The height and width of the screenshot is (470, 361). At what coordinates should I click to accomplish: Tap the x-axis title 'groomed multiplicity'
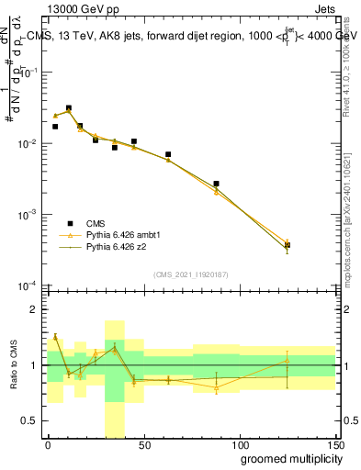pos(286,458)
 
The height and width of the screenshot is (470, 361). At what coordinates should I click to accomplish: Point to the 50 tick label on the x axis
pos(142,444)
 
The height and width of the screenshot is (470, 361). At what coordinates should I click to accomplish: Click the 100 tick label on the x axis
pos(239,444)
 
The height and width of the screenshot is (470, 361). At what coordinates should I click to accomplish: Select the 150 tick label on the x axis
pos(333,444)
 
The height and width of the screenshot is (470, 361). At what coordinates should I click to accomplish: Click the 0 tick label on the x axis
pos(48,444)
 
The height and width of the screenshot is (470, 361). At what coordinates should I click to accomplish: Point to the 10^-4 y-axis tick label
pos(27,285)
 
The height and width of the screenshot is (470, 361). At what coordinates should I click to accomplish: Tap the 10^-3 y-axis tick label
pos(27,215)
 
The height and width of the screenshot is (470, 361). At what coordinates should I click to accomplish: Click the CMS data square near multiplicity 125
pos(288,245)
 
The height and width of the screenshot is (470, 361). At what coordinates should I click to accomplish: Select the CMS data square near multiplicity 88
pos(216,184)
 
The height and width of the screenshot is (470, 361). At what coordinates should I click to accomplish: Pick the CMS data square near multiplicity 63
pos(168,154)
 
